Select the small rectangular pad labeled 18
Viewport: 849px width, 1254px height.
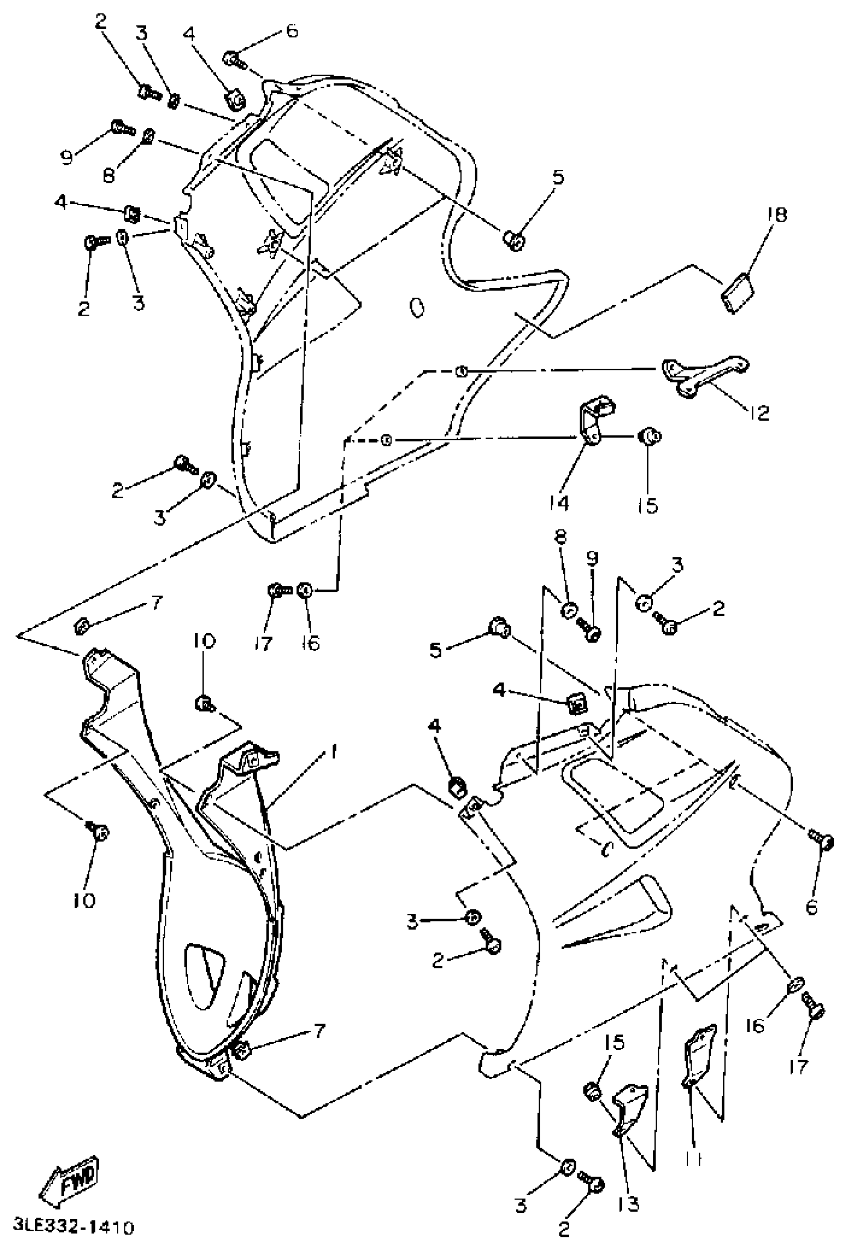737,293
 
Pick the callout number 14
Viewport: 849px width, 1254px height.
560,503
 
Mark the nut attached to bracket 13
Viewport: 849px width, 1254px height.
594,1091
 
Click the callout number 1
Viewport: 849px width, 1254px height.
334,751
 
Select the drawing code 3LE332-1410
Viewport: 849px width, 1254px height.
73,1228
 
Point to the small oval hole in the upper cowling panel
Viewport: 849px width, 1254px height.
417,308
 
